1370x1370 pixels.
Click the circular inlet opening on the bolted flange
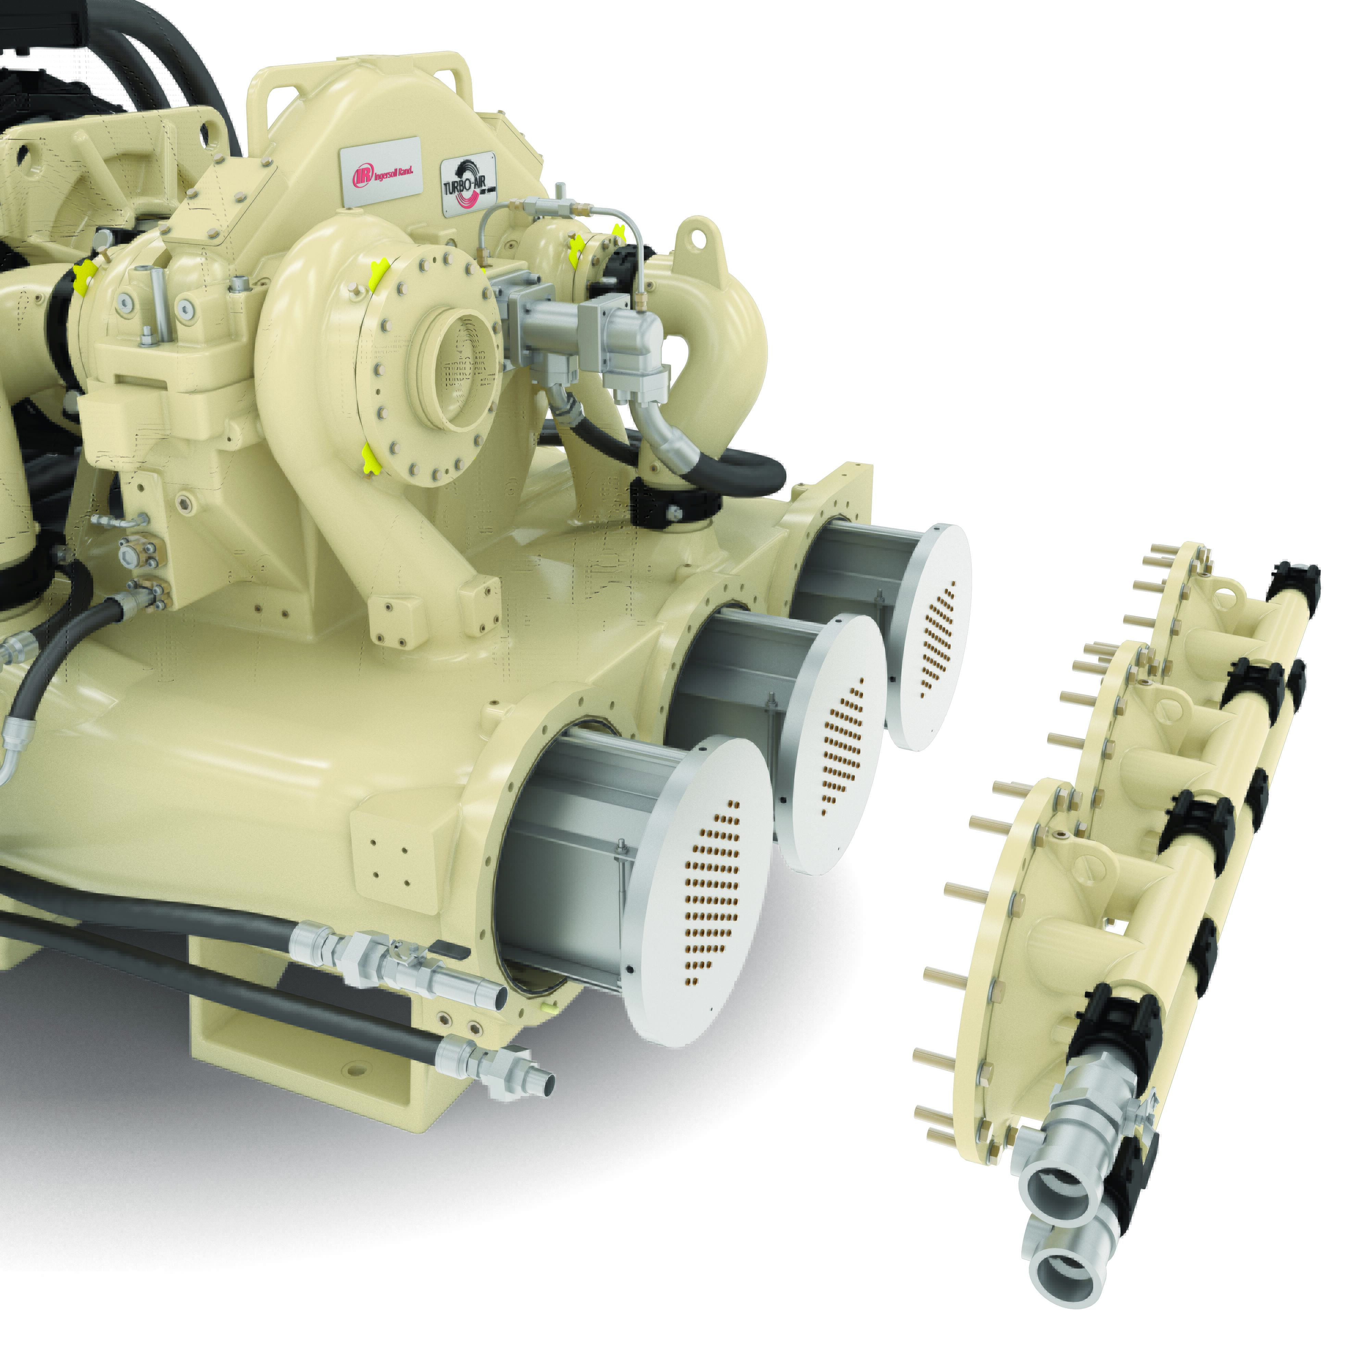pos(461,369)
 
